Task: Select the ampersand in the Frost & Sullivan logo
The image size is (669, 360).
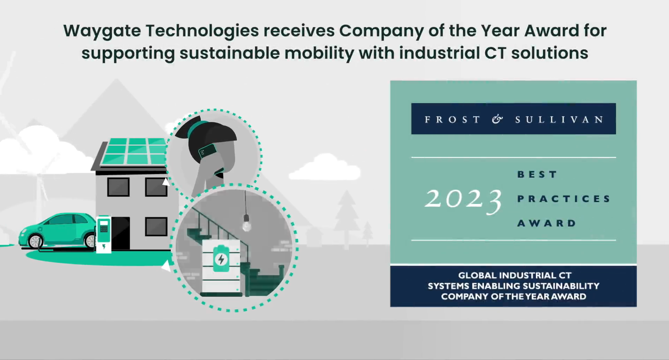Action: coord(497,119)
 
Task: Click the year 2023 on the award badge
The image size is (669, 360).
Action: coord(464,200)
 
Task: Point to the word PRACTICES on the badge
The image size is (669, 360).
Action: coord(564,199)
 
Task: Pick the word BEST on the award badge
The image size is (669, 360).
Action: coord(537,174)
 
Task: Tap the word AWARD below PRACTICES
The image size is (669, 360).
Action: coord(547,223)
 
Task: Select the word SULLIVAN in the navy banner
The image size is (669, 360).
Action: coord(560,120)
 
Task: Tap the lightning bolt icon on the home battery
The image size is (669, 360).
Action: coord(221,260)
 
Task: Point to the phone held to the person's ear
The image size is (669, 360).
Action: coord(207,151)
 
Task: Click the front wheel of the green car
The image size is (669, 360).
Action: coord(35,241)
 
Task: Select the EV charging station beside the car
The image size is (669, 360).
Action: coord(104,234)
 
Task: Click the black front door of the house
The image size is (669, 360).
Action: coord(121,233)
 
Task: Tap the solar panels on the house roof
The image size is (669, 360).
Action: coord(136,151)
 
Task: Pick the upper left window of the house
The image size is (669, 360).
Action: coord(118,187)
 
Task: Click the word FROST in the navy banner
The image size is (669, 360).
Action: coord(453,120)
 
